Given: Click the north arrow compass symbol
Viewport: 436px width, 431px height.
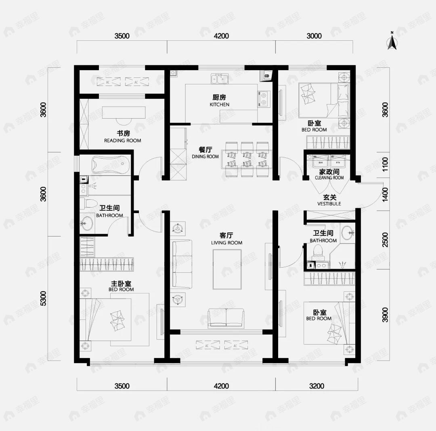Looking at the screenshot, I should pyautogui.click(x=392, y=42).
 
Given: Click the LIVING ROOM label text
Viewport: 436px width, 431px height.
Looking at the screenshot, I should pyautogui.click(x=226, y=239).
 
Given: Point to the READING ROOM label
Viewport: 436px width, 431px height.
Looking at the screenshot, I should pyautogui.click(x=123, y=137).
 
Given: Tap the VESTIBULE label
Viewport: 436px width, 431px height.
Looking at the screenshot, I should pyautogui.click(x=329, y=201).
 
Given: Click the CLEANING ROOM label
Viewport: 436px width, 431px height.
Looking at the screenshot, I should pyautogui.click(x=329, y=175).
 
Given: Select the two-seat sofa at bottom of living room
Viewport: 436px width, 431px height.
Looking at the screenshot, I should pyautogui.click(x=226, y=318).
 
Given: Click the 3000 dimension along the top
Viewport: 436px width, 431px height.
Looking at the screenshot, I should pyautogui.click(x=314, y=36).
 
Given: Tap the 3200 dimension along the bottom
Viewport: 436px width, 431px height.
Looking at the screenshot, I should pyautogui.click(x=317, y=386).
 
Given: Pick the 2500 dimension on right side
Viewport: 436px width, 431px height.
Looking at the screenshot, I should pyautogui.click(x=385, y=240).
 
